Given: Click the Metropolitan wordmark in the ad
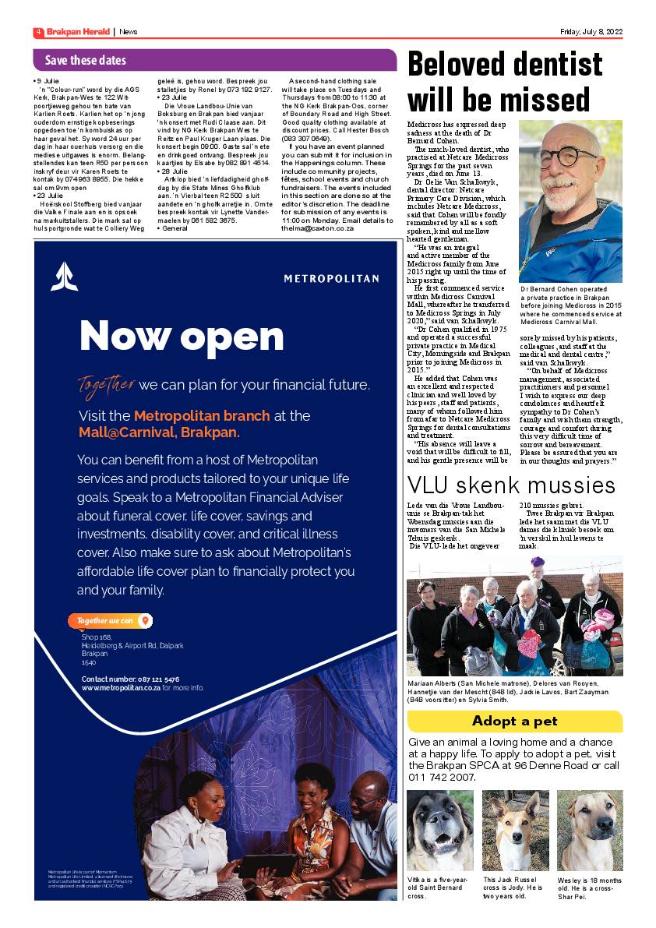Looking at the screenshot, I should point(331,278).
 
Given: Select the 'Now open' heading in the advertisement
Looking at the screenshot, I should point(182,336).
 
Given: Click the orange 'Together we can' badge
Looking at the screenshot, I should point(110,621).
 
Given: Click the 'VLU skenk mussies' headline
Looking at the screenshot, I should point(512,485).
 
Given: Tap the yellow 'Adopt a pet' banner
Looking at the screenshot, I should point(515,722).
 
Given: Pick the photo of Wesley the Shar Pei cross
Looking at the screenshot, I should point(590,831).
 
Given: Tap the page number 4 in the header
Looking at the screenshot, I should point(37,32).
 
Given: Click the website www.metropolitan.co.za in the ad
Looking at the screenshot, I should point(121,688).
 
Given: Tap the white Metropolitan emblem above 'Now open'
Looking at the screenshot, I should point(65,277).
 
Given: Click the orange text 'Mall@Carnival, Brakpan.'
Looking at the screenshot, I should point(159,432).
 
